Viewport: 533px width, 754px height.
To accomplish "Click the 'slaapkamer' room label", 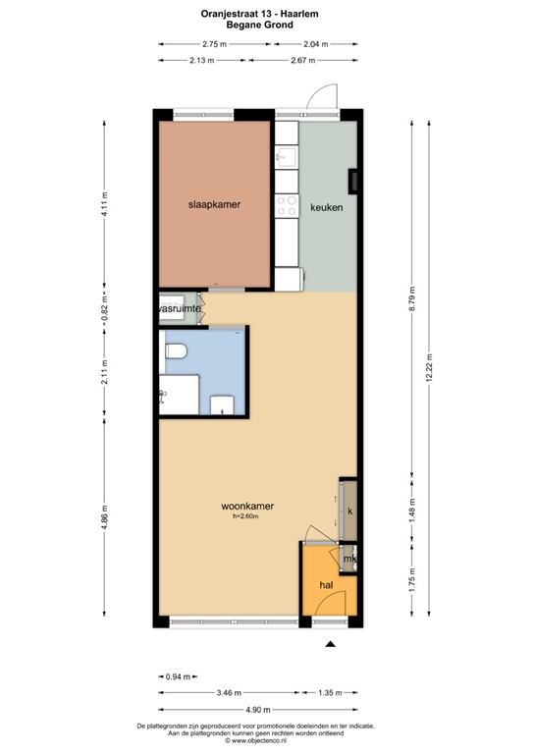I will pyautogui.click(x=215, y=204).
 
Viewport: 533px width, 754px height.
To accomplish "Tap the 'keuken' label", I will pyautogui.click(x=327, y=207).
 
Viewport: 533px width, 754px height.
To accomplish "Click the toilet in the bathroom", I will pyautogui.click(x=178, y=350).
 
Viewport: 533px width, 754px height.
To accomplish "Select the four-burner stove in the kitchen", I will pyautogui.click(x=287, y=206).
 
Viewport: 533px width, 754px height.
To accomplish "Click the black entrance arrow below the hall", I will pyautogui.click(x=330, y=644).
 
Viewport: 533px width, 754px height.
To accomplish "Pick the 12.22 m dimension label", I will pyautogui.click(x=430, y=372).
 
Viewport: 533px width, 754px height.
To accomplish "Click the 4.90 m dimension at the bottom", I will pyautogui.click(x=254, y=709).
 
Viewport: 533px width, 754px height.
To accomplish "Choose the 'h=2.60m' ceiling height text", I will pyautogui.click(x=247, y=516).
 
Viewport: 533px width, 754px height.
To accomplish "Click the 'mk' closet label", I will pyautogui.click(x=347, y=559).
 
